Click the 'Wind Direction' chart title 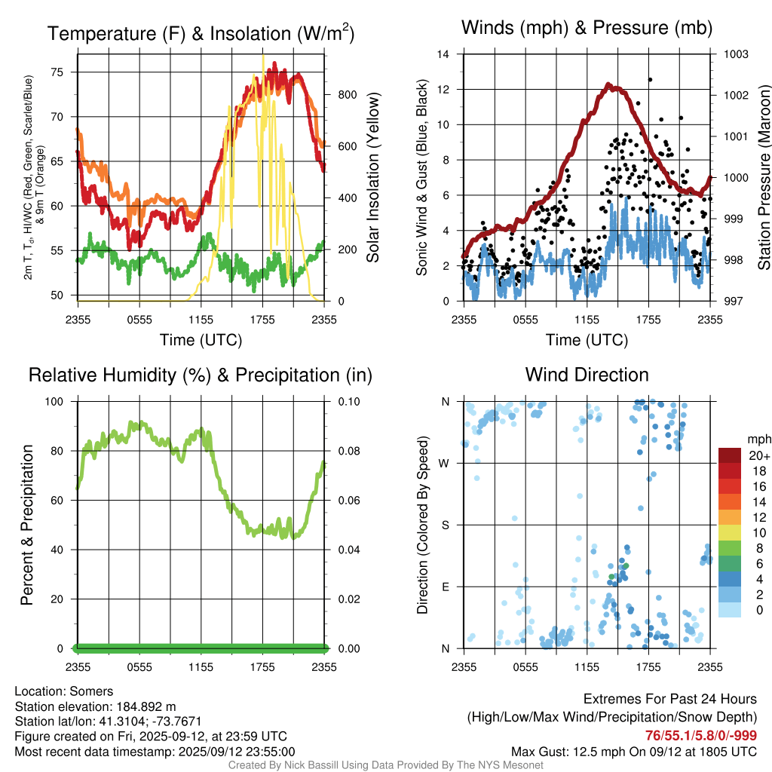(587, 375)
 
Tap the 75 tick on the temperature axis (66, 72)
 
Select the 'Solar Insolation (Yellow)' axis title (373, 178)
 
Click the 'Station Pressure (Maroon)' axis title (763, 178)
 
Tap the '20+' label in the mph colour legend (759, 456)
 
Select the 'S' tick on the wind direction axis (446, 525)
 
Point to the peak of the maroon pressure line (615, 88)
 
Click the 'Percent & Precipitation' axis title (27, 525)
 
